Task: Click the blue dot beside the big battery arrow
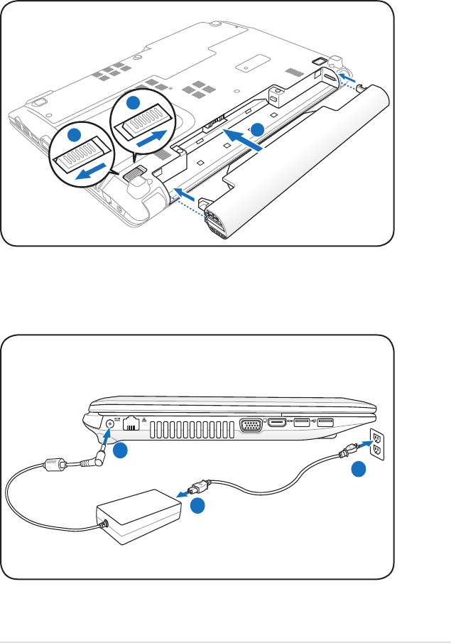point(257,129)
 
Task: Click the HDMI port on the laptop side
point(278,424)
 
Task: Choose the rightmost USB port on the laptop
point(326,424)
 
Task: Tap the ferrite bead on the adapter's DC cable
point(53,465)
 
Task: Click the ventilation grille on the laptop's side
point(192,428)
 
